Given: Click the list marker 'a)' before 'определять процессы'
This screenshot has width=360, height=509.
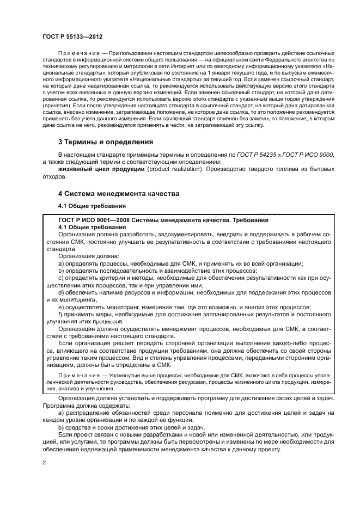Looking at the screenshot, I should tap(61, 263).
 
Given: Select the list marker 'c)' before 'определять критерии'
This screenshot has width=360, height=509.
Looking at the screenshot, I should tap(61, 278).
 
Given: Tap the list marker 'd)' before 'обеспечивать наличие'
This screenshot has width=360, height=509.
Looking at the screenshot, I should tap(61, 292).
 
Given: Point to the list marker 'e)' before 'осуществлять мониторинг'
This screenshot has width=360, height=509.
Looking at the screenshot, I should tap(61, 306).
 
